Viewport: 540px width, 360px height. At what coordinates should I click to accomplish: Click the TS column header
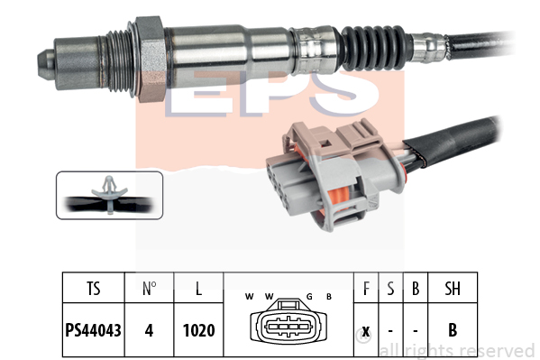94,289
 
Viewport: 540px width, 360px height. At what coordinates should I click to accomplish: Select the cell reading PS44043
94,330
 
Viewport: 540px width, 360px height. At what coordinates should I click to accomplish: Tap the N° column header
149,289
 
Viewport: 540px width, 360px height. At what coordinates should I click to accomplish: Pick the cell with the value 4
149,330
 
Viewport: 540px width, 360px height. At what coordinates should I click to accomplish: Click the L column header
198,289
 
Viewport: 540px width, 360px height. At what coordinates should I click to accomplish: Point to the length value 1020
198,330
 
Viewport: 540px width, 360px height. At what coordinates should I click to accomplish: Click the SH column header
453,289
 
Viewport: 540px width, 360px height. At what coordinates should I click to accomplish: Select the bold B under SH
453,330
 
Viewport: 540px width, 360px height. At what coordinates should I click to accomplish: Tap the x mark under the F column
366,331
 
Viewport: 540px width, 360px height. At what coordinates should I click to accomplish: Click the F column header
366,289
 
